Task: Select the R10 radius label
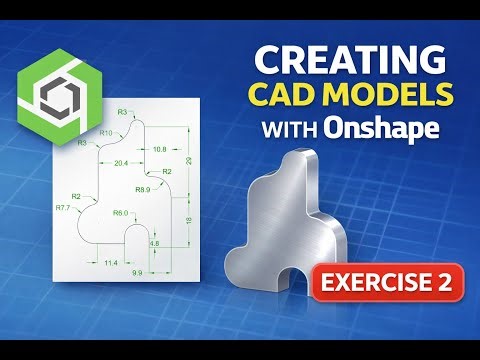(105, 132)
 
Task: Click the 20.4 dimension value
(121, 162)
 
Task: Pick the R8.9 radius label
(143, 189)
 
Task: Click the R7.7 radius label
(62, 208)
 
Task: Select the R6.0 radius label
(119, 213)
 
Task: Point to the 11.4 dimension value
(111, 262)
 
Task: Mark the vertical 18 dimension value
(190, 220)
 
